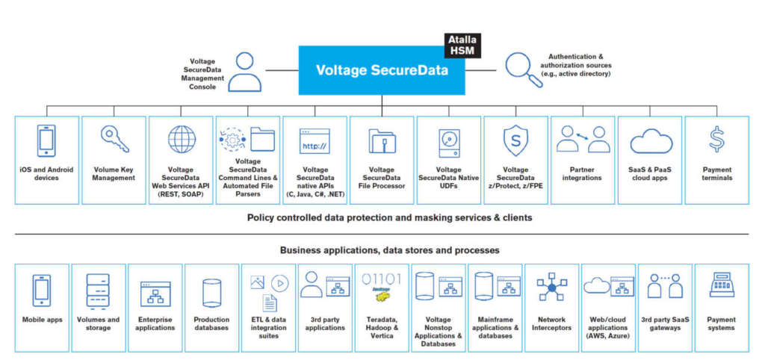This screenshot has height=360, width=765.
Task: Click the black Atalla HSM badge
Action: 461,44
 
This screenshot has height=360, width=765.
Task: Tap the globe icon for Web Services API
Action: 182,140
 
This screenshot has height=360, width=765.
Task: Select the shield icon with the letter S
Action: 515,140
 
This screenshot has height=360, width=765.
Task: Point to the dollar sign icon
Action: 716,139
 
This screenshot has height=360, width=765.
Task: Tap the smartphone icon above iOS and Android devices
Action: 46,140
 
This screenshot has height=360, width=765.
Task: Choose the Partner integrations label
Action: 582,173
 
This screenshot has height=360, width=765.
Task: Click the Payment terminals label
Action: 717,173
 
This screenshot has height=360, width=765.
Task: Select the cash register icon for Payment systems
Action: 721,286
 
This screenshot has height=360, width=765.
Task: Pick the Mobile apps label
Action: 42,320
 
